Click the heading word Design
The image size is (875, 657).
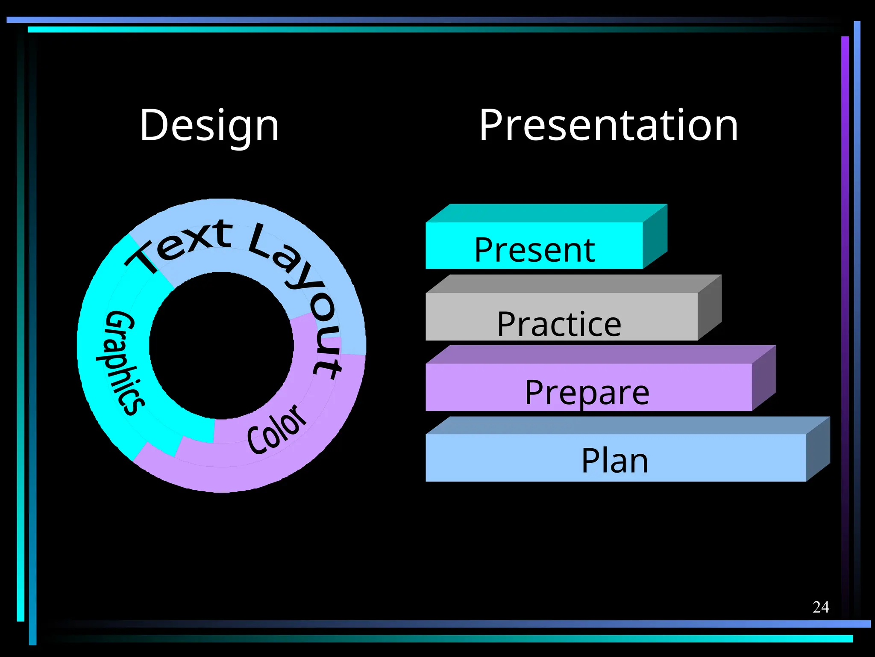[x=209, y=125]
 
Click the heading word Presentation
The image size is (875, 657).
[x=608, y=125]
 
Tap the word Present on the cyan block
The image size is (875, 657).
[x=534, y=250]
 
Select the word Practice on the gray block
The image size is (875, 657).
[x=559, y=324]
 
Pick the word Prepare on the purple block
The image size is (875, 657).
[x=587, y=392]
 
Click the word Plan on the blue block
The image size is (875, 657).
[x=615, y=461]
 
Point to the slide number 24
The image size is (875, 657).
[x=820, y=607]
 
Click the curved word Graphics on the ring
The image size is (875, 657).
[x=120, y=363]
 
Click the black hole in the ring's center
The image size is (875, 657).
[x=221, y=346]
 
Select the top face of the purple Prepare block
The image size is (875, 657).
[x=598, y=355]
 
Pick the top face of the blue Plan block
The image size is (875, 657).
[x=624, y=426]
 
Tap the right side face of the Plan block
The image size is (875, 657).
[x=818, y=449]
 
